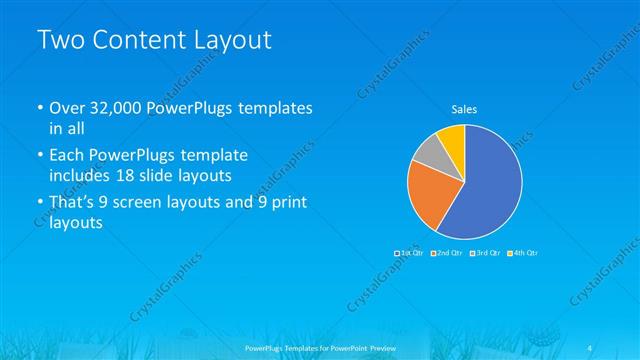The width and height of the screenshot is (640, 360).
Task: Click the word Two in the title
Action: pyautogui.click(x=61, y=41)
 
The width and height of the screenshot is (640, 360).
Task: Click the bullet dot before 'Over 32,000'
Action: pyautogui.click(x=40, y=108)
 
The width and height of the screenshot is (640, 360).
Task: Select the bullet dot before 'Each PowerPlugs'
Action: pyautogui.click(x=40, y=156)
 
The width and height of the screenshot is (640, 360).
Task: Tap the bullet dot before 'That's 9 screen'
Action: pyautogui.click(x=40, y=203)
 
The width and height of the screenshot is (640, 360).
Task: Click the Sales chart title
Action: pyautogui.click(x=465, y=108)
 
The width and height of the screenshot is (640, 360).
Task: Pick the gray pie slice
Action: pyautogui.click(x=427, y=153)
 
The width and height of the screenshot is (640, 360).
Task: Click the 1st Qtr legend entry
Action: pyautogui.click(x=411, y=253)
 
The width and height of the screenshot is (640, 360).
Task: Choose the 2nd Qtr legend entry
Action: pyautogui.click(x=448, y=253)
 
